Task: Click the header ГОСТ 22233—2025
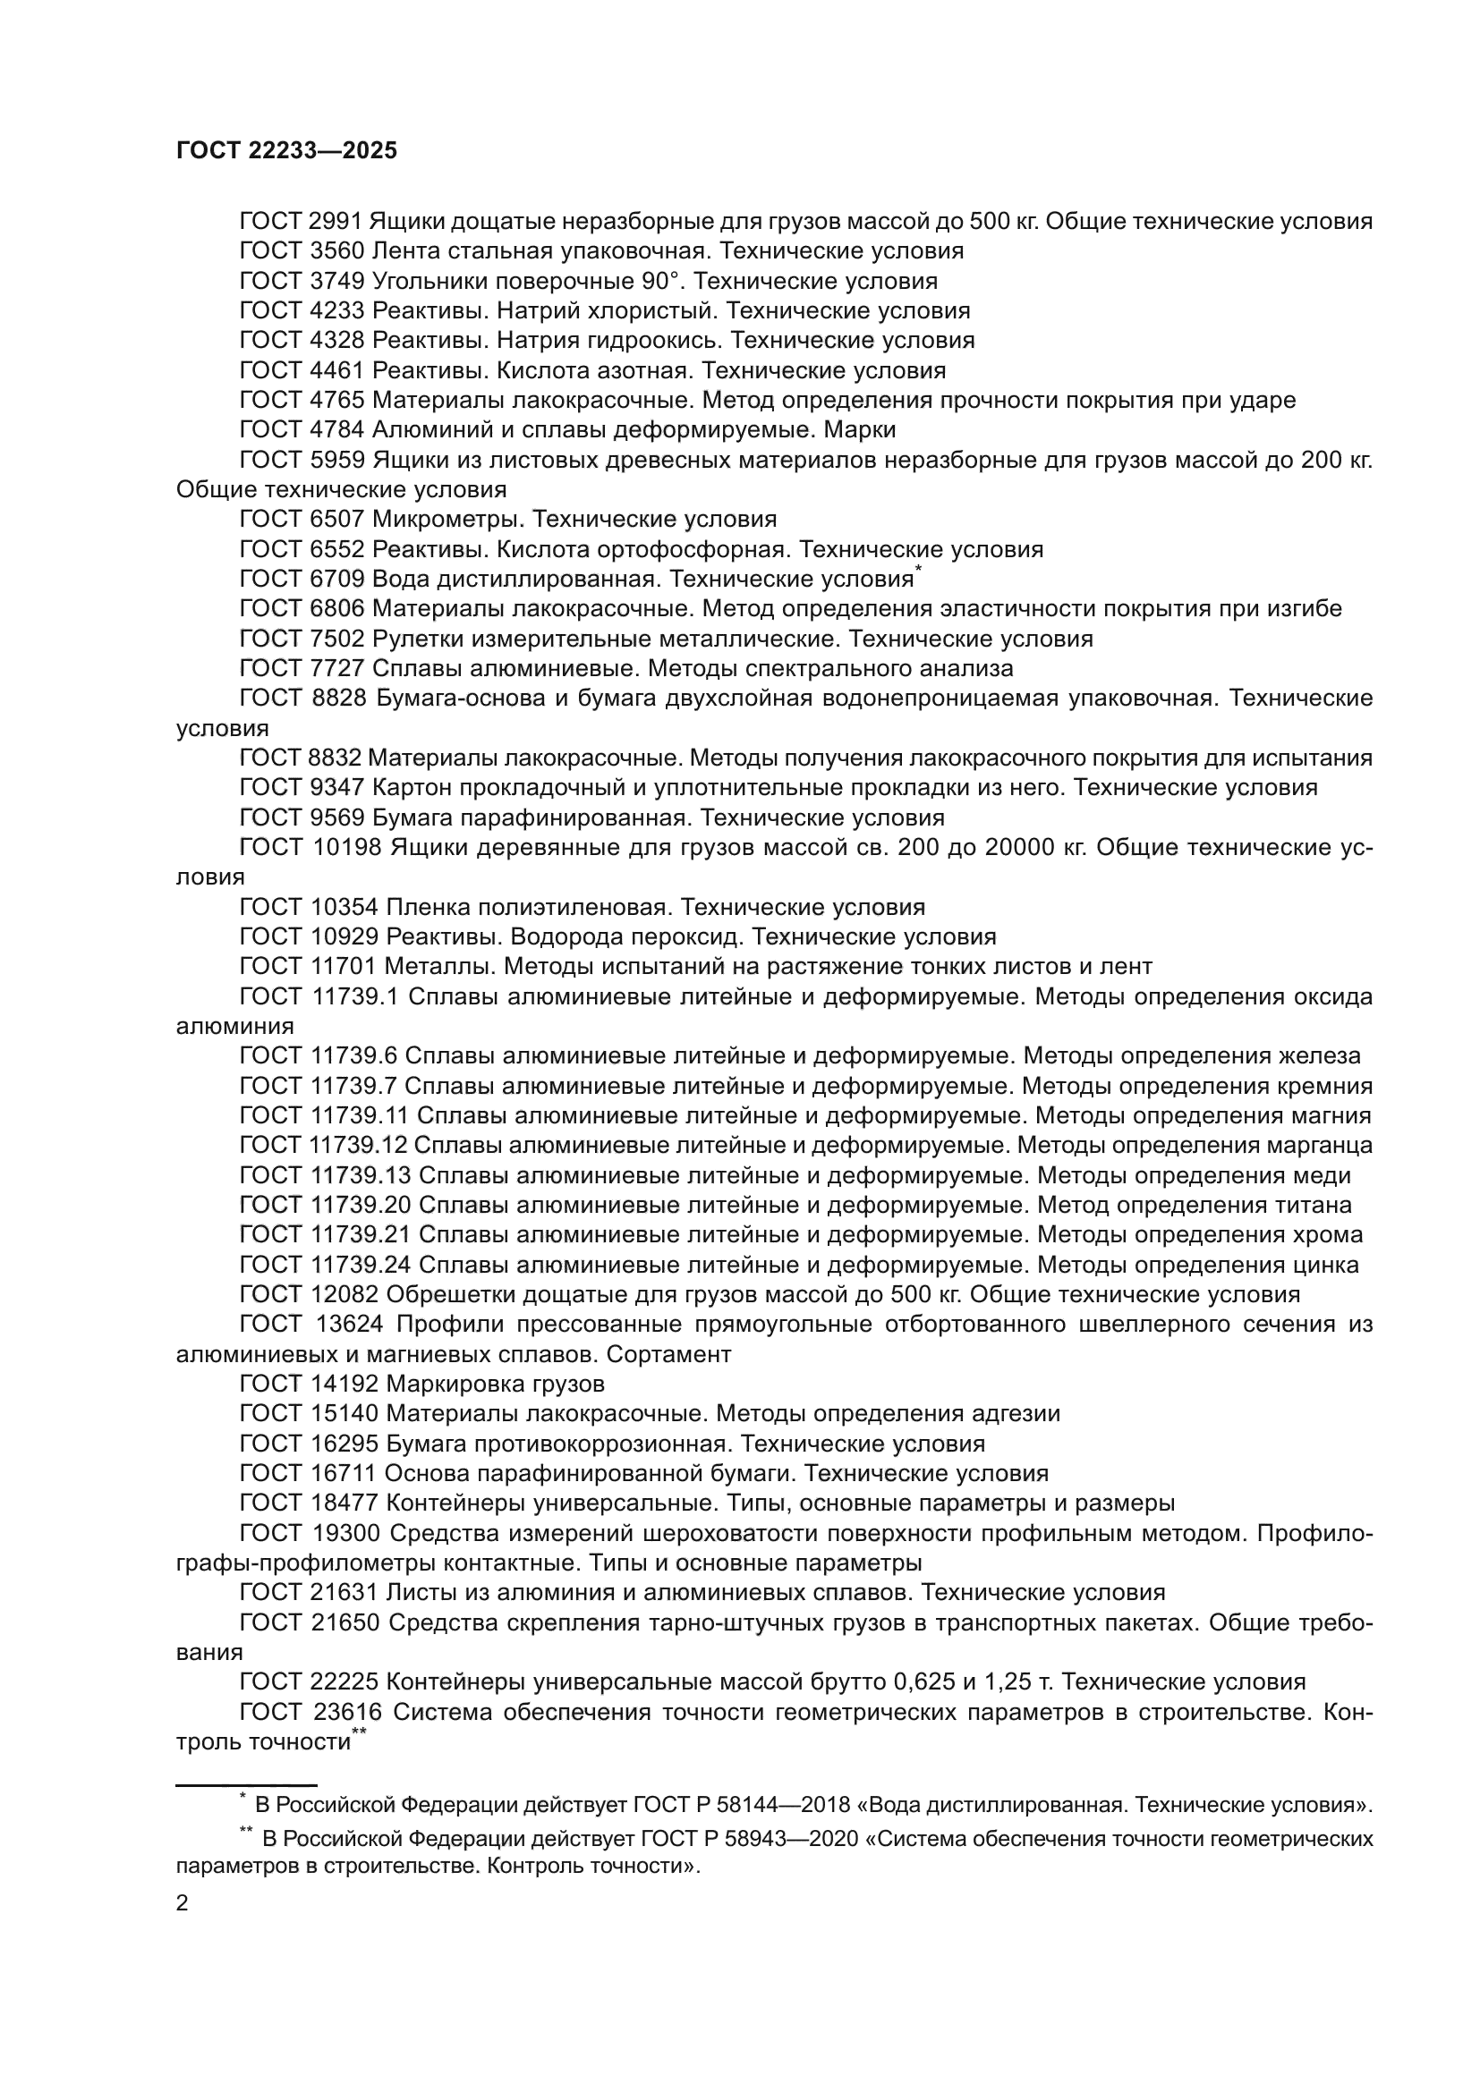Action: pyautogui.click(x=286, y=151)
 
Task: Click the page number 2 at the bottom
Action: pyautogui.click(x=183, y=1902)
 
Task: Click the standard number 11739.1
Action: pyautogui.click(x=354, y=996)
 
